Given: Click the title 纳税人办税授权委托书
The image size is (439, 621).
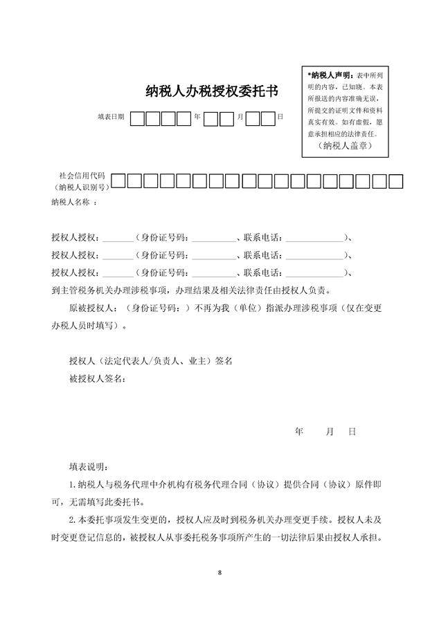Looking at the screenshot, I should [212, 91].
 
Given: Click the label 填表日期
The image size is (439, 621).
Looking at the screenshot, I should [111, 118].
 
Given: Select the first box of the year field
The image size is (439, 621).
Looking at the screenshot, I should [138, 118].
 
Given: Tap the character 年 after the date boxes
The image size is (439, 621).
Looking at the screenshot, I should [197, 118].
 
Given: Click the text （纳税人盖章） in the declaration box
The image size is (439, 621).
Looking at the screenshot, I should [346, 146].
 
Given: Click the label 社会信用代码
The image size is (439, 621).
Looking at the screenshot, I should [82, 176].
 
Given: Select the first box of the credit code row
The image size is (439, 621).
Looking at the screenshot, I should [118, 182].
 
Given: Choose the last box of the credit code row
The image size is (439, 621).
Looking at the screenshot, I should [395, 182].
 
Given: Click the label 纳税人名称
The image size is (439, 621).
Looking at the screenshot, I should [71, 203].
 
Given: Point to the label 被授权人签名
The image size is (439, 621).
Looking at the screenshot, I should [96, 378].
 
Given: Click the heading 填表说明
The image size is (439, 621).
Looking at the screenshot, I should [88, 467].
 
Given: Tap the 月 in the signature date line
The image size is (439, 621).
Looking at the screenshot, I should [330, 432].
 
